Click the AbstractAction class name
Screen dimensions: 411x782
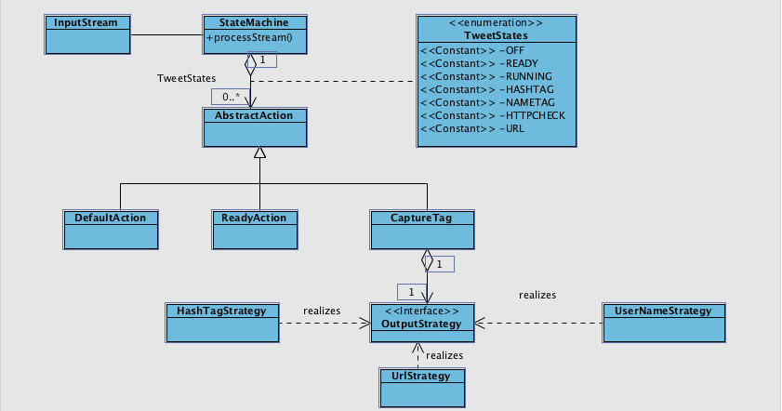point(255,115)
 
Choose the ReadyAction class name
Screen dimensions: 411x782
point(255,218)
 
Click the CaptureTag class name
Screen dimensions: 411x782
point(422,218)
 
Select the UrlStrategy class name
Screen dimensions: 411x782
point(422,376)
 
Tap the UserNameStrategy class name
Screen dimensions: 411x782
point(663,311)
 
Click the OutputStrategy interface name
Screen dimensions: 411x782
point(422,323)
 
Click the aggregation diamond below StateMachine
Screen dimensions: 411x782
point(250,66)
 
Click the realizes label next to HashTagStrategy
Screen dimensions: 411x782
point(322,311)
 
